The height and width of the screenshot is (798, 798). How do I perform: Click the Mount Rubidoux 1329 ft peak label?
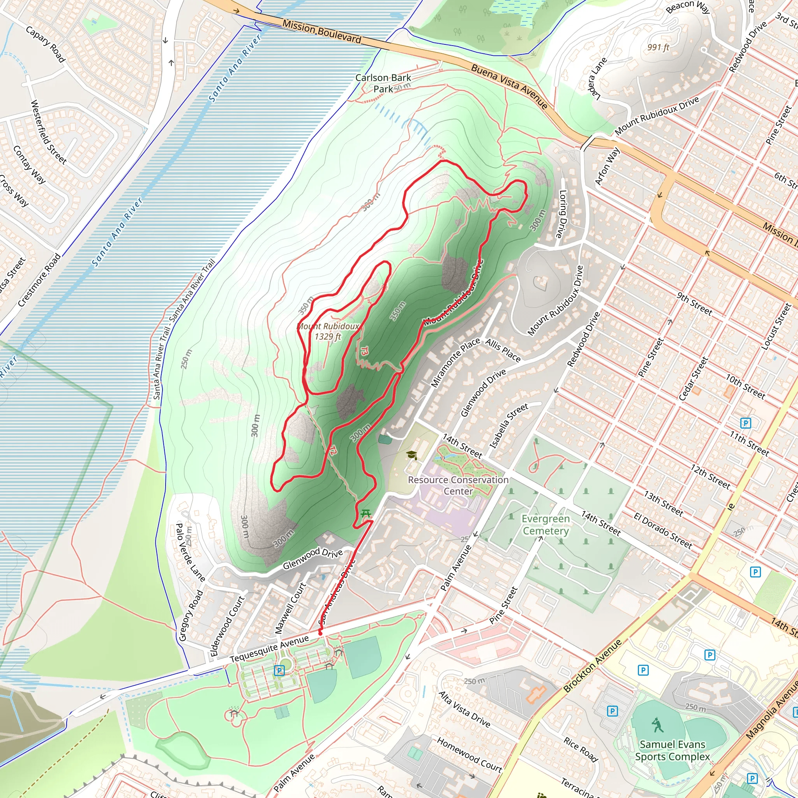pos(329,331)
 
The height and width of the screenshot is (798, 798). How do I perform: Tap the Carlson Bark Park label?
pos(383,83)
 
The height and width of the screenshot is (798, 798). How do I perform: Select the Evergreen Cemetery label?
pos(545,524)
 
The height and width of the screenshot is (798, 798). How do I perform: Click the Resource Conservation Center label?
pos(458,486)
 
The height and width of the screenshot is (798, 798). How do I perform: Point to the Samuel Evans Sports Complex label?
pos(672,750)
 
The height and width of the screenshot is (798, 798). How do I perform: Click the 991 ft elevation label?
pos(658,48)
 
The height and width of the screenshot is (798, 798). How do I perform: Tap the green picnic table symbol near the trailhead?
pos(365,514)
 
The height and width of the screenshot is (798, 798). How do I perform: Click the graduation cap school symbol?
pos(411,455)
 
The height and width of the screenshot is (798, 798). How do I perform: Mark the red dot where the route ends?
pos(320,633)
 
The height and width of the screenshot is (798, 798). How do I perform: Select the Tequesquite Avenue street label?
pos(269,648)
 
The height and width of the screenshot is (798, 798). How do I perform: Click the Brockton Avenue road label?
pos(592,666)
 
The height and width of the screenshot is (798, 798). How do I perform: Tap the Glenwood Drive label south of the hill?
pos(312,558)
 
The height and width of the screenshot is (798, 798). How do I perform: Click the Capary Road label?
pos(46,44)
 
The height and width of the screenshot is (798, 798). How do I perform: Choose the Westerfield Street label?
pos(49,132)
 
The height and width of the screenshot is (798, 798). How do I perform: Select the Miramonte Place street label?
pos(455,362)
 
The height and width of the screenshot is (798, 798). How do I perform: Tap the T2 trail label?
pos(333,450)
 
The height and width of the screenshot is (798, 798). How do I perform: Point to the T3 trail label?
pos(364,351)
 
